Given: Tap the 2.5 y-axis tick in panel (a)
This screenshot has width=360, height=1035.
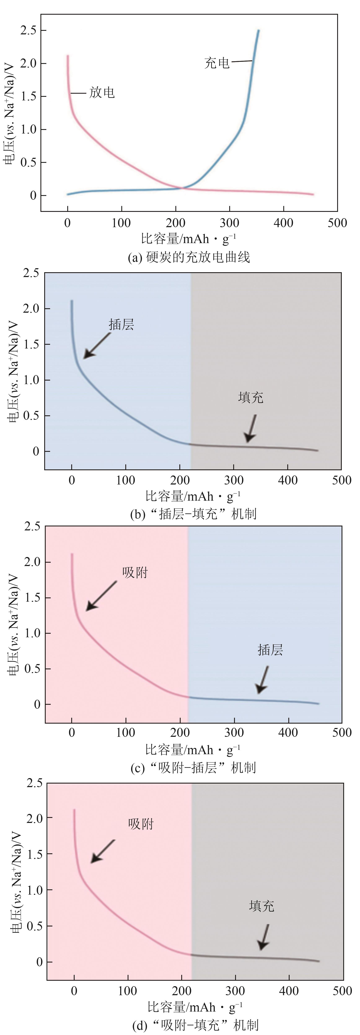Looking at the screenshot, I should pos(28,31).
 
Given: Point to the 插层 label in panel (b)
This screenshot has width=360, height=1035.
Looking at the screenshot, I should pos(121,324).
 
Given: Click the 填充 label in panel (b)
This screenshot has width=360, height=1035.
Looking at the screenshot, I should pos(251,397).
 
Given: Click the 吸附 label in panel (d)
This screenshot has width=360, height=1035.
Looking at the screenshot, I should pos(141,824).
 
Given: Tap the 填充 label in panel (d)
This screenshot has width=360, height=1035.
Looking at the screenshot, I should pos(262,906).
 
